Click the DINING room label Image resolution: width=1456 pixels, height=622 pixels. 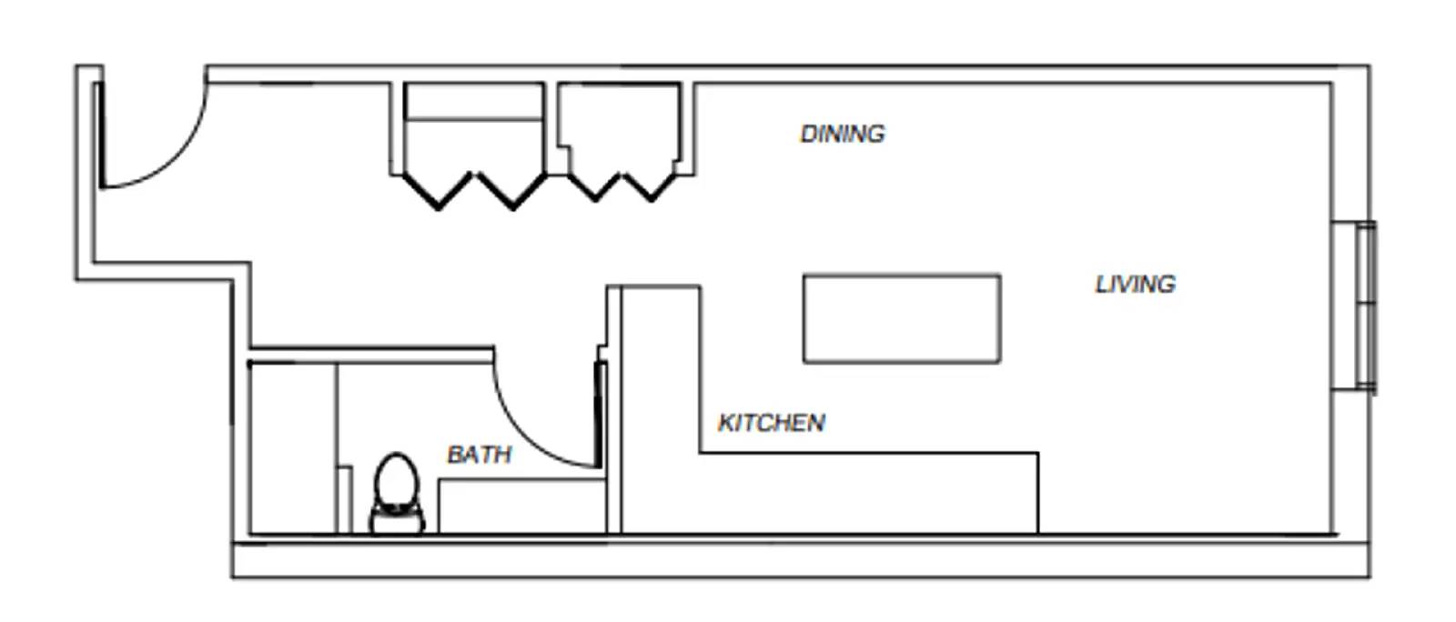pyautogui.click(x=842, y=134)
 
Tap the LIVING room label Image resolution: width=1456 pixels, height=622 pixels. pyautogui.click(x=1135, y=284)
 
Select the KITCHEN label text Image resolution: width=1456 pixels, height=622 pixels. pyautogui.click(x=771, y=423)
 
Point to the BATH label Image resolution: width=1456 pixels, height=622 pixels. pyautogui.click(x=479, y=455)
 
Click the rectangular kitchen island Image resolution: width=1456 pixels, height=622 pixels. pyautogui.click(x=901, y=318)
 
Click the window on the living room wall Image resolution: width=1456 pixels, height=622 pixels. pyautogui.click(x=1365, y=306)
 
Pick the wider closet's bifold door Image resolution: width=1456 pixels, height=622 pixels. pyautogui.click(x=475, y=189)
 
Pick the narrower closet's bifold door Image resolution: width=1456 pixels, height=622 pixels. pyautogui.click(x=623, y=186)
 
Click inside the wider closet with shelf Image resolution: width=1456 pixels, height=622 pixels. pyautogui.click(x=473, y=145)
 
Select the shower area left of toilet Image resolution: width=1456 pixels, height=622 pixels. pyautogui.click(x=292, y=446)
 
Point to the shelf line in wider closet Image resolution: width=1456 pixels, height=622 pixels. pyautogui.click(x=473, y=118)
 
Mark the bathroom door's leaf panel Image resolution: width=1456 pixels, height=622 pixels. pyautogui.click(x=600, y=415)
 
